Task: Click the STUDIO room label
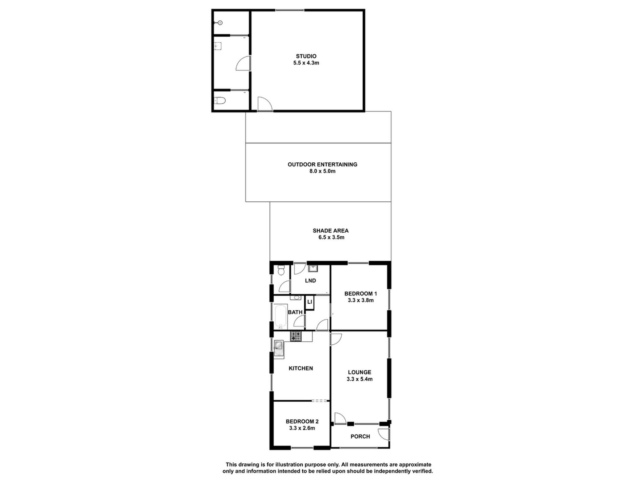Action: tap(306, 56)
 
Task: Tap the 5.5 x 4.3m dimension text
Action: tap(306, 63)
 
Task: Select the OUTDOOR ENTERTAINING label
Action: tap(322, 164)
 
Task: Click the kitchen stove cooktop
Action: tap(296, 336)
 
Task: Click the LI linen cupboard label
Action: tap(309, 302)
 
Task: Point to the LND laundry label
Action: tap(310, 281)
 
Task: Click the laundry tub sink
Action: tap(313, 269)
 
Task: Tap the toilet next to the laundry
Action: tap(281, 271)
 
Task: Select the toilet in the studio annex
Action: tap(219, 101)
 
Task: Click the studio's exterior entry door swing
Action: tap(264, 104)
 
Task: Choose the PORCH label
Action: tap(360, 437)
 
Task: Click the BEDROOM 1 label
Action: tap(361, 294)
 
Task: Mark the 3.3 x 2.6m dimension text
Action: tap(302, 428)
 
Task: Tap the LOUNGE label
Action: tap(360, 372)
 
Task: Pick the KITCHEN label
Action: tap(301, 368)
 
